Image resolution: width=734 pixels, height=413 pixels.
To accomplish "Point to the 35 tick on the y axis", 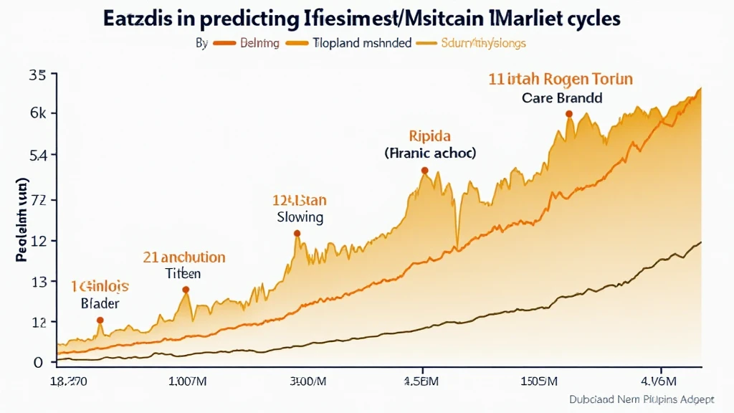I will point(37,75).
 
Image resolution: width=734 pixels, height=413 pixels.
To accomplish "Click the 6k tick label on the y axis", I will point(37,113).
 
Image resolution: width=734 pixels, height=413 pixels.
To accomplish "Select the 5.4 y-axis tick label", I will point(37,156).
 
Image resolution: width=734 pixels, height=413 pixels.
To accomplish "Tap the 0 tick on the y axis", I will point(39,361).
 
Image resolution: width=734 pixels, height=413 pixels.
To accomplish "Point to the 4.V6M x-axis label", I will point(671,380).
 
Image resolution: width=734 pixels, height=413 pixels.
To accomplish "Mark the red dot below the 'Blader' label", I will point(100,320).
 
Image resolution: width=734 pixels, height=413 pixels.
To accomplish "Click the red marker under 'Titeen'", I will point(186,290).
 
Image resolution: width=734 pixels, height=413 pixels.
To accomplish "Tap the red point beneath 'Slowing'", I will point(297,233).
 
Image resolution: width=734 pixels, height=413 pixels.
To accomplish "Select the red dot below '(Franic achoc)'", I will point(424,171).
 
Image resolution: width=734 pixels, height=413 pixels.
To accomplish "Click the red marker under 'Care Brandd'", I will point(568,114).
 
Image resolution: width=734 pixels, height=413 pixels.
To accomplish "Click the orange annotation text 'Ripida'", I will point(429,135).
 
